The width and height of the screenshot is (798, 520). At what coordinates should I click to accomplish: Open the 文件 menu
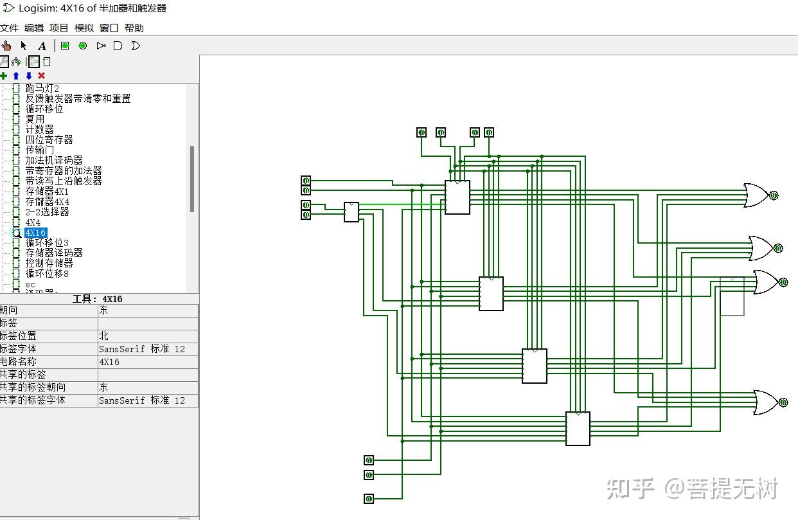(9, 28)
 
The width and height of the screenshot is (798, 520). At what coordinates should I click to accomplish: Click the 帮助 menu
(134, 28)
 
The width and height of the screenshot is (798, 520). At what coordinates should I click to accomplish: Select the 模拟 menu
(84, 28)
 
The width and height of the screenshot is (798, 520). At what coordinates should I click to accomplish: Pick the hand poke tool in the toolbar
(6, 46)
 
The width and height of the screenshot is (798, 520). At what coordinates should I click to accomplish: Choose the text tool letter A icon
(42, 46)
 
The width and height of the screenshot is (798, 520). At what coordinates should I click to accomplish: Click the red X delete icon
(41, 76)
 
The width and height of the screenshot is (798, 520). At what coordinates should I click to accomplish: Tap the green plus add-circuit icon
(3, 76)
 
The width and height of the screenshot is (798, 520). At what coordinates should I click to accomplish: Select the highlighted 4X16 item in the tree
(35, 233)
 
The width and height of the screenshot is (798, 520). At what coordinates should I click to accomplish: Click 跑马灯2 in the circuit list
(42, 89)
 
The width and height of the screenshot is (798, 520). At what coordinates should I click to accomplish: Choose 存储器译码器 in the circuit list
(54, 253)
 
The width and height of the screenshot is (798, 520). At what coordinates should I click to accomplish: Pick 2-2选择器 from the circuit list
(47, 211)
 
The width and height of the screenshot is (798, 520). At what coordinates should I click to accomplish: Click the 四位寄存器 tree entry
(49, 139)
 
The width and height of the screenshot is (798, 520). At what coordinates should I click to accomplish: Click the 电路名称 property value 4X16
(109, 362)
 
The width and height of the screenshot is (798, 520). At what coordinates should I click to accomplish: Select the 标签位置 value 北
(103, 336)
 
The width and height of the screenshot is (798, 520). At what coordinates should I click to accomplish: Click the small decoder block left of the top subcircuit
(351, 212)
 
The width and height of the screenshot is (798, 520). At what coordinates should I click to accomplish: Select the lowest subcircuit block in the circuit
(578, 429)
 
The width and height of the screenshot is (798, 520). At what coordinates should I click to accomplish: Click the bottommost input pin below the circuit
(369, 499)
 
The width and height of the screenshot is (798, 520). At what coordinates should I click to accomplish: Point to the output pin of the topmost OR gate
(774, 195)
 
